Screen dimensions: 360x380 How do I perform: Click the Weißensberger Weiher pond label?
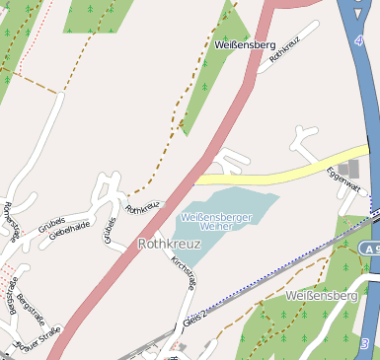(216, 220)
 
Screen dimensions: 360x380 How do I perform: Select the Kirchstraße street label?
(184, 271)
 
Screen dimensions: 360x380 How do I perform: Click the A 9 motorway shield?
(370, 250)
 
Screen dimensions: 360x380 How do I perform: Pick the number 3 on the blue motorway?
(364, 343)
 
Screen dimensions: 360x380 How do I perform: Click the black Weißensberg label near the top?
(244, 45)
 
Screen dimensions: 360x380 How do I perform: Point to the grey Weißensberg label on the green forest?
(320, 296)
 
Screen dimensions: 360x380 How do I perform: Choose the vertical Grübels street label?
(109, 228)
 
